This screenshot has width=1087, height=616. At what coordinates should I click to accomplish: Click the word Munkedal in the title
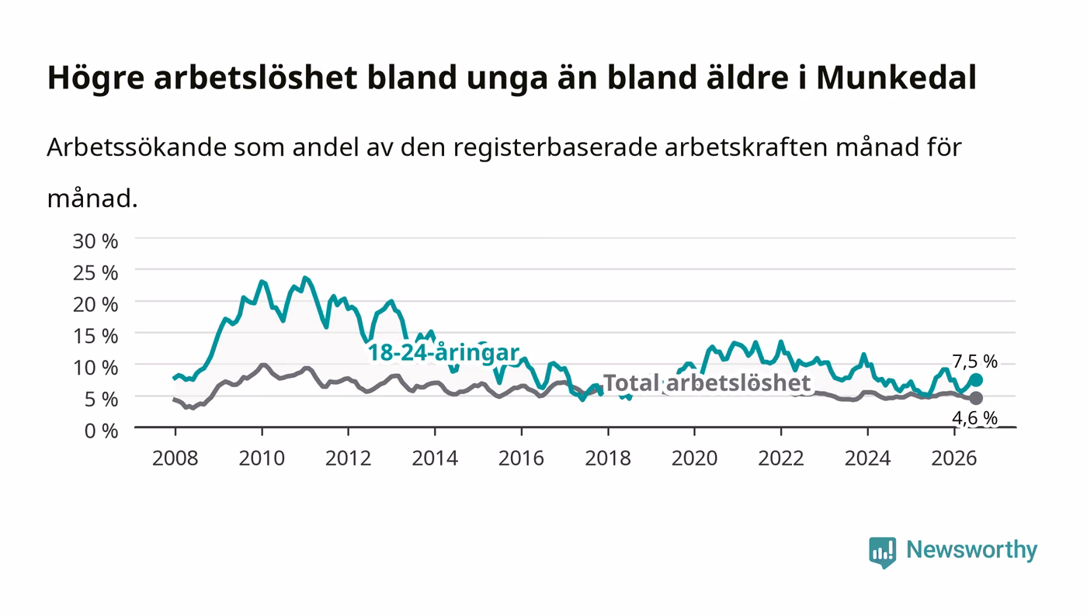[x=896, y=78]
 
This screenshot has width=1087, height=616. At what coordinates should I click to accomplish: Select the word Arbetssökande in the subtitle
[x=137, y=147]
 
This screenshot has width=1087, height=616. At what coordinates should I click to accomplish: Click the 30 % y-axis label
[x=96, y=241]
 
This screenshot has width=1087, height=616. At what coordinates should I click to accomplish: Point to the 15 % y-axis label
[x=96, y=336]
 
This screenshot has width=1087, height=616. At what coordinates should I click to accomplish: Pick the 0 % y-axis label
[x=102, y=431]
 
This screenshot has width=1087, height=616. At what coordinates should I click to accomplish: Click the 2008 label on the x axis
[x=175, y=459]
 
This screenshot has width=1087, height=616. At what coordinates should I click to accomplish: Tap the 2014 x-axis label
[x=435, y=459]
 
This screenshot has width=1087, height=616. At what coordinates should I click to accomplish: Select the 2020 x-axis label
[x=694, y=459]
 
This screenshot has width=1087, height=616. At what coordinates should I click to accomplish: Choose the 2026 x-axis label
[x=954, y=459]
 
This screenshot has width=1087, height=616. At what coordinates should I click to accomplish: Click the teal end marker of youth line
[x=976, y=380]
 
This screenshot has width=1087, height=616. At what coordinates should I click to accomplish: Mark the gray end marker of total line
[x=976, y=398]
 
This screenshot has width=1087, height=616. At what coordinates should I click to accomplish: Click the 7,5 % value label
[x=975, y=362]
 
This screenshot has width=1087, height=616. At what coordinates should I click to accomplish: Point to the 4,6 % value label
[x=975, y=417]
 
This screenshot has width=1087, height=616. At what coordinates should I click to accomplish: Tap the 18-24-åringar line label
[x=443, y=353]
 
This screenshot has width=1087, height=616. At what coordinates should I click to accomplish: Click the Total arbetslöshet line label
[x=707, y=382]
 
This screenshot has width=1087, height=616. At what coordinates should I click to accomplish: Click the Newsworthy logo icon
[x=882, y=552]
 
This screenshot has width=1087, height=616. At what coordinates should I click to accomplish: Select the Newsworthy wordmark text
[x=971, y=549]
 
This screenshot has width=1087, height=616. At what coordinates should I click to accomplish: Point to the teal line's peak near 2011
[x=304, y=278]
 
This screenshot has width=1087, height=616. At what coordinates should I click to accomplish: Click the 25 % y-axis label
[x=96, y=273]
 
